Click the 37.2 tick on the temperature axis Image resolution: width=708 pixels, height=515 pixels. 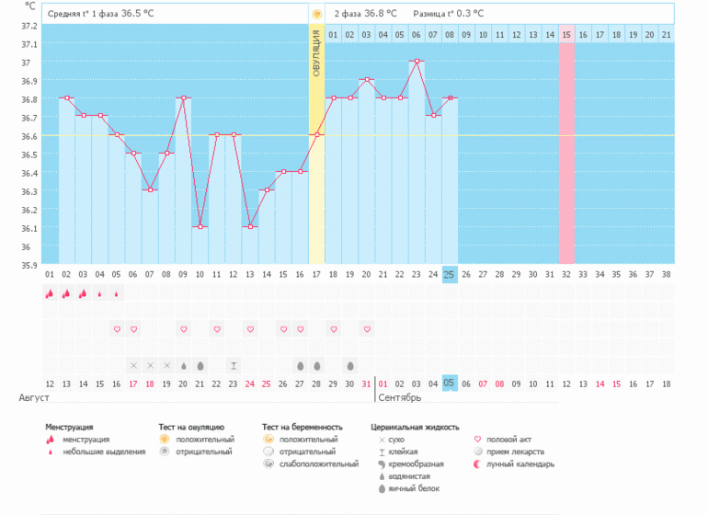coord(29,26)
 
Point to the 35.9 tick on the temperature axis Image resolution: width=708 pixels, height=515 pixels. coord(29,265)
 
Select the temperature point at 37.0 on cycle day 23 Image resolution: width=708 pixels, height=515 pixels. coord(417,62)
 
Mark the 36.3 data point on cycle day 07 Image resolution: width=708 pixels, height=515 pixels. coord(150,189)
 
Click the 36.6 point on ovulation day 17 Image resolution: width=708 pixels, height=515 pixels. coord(316,135)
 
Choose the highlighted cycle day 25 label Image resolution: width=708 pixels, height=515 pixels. coord(450,275)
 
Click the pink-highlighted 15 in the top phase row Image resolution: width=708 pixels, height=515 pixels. coord(566,35)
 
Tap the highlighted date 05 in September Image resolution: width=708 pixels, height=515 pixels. coord(450,383)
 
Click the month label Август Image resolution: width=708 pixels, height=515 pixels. coord(34,398)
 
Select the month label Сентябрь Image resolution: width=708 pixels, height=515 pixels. coord(399,398)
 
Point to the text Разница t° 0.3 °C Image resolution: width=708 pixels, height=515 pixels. coord(448,14)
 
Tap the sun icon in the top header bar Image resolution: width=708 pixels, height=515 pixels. coord(316,14)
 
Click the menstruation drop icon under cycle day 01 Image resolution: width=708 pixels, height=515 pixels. coord(50,294)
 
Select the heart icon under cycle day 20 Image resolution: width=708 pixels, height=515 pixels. coord(367,329)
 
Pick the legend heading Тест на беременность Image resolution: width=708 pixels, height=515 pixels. coord(302,428)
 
